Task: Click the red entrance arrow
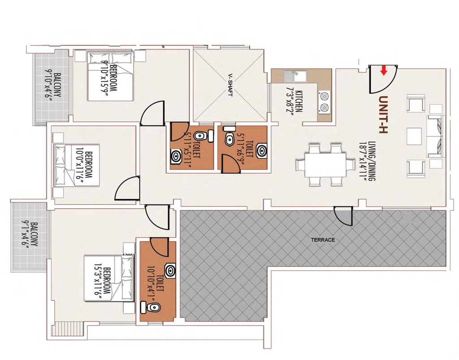click(384, 70)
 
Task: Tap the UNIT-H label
click(383, 115)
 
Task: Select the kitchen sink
click(295, 76)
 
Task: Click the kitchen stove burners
click(324, 102)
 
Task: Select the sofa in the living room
click(436, 137)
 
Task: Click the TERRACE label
click(323, 240)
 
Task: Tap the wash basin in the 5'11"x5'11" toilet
click(176, 156)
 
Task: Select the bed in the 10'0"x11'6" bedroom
click(77, 165)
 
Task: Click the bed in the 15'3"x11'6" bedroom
click(109, 278)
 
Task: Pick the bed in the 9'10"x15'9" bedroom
click(111, 76)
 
